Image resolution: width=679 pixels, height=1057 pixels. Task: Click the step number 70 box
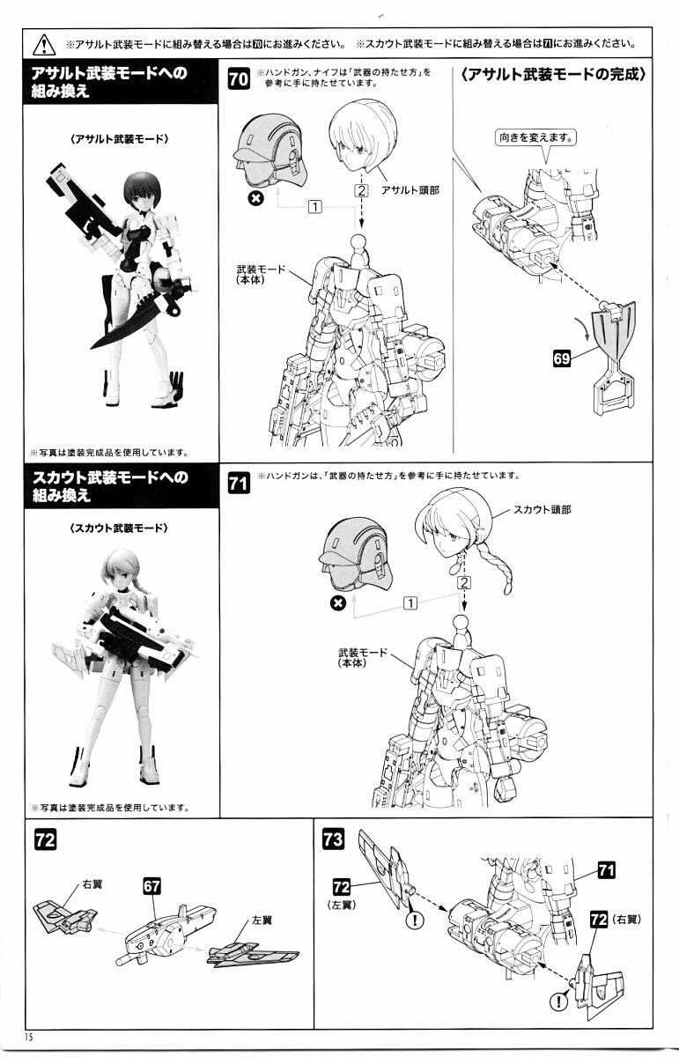238,78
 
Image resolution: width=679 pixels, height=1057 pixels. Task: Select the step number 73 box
333,839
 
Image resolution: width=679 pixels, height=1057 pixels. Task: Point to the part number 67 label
151,884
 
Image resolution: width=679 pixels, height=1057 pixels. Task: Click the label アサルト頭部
410,190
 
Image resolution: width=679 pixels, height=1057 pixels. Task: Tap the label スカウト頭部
542,510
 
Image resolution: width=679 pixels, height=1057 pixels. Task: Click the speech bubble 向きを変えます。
536,137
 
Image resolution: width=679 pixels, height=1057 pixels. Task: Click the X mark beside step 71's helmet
336,602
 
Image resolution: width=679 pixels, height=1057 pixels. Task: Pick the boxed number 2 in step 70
360,189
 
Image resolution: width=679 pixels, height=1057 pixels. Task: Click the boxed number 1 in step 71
410,602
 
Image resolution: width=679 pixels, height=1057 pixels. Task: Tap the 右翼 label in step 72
92,883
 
